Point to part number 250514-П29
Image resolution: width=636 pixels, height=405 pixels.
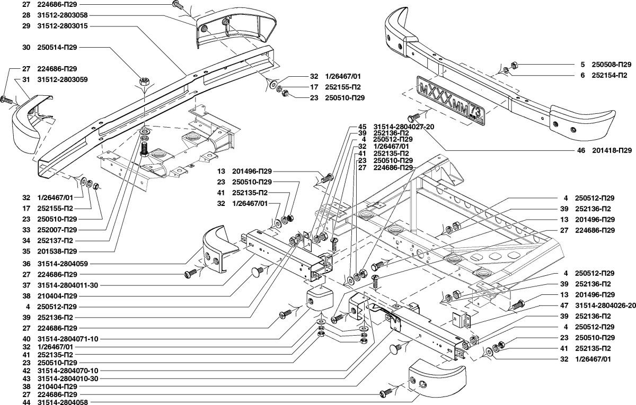(58, 47)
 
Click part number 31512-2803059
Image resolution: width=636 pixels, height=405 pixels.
(63, 79)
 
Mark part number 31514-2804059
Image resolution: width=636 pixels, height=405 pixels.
(63, 263)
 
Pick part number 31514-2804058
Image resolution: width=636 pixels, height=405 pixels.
(63, 403)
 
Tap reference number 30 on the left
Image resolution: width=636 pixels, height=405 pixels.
(26, 47)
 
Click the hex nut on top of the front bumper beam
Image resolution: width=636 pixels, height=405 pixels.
(143, 82)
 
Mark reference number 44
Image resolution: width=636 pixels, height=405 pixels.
(26, 403)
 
